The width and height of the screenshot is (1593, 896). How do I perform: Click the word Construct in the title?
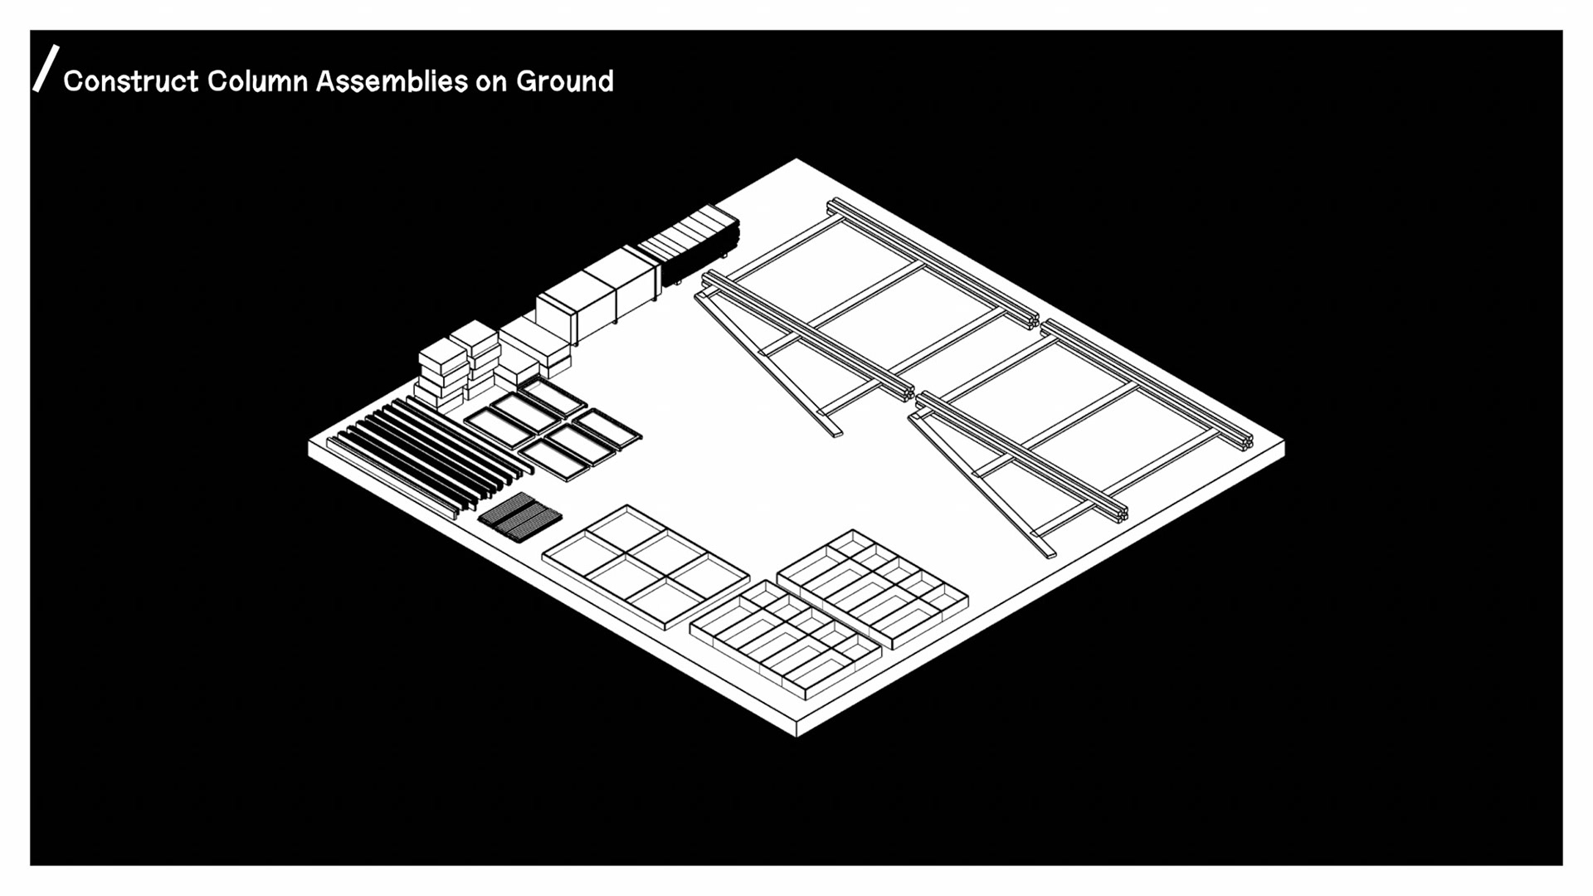[x=131, y=81]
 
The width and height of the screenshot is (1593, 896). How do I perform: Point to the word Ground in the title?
[x=565, y=81]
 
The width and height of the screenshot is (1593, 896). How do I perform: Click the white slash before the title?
[x=46, y=68]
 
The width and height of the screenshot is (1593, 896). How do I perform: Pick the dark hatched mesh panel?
[x=520, y=516]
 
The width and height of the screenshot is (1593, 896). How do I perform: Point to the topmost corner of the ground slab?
[x=796, y=159]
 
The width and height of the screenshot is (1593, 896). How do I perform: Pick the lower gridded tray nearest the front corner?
[x=785, y=639]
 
